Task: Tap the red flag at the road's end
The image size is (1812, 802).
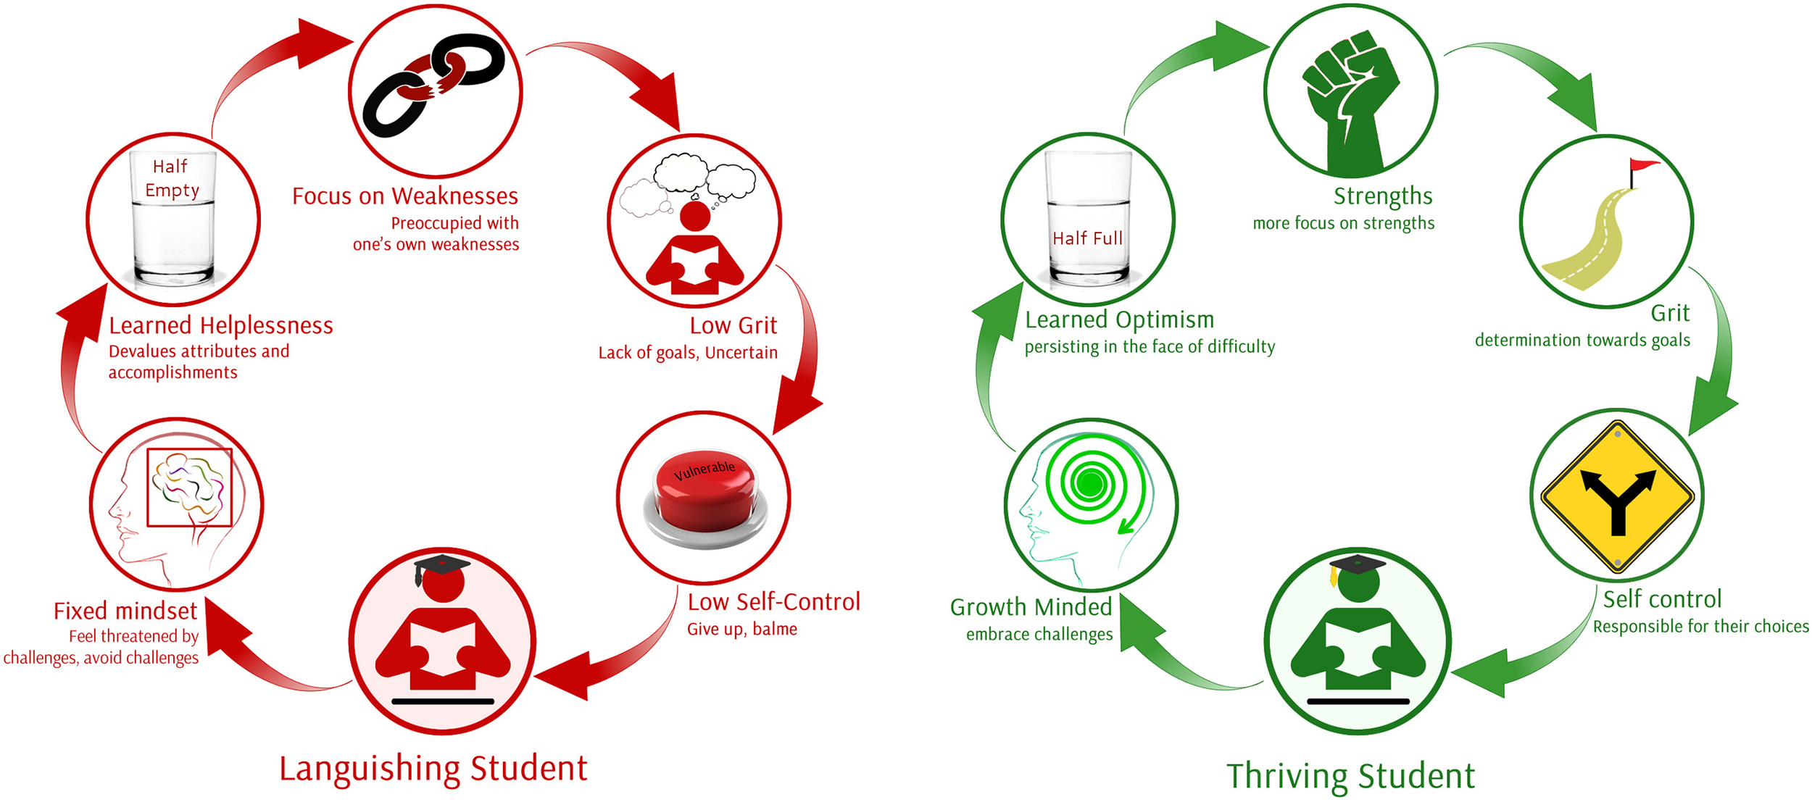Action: click(1644, 166)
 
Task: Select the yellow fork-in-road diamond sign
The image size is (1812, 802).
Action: click(1617, 497)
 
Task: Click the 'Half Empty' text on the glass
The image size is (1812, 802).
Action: click(172, 178)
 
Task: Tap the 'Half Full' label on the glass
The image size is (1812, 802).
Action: click(1087, 238)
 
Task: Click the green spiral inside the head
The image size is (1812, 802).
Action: click(1089, 483)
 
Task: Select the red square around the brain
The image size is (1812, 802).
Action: click(189, 487)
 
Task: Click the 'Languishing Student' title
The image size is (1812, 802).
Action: click(433, 769)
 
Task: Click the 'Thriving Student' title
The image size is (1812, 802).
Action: click(1350, 776)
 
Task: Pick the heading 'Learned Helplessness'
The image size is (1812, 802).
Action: click(221, 325)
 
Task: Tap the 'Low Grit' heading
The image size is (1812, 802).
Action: click(733, 326)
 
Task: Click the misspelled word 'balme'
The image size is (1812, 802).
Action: click(775, 629)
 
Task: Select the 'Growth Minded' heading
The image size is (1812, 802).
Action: click(1031, 607)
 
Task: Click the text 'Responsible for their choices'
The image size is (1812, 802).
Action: click(1700, 627)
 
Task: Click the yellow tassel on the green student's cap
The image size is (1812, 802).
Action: click(1334, 577)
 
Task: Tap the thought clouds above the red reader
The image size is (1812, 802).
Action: click(689, 181)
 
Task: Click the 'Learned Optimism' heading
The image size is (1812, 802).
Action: click(1119, 319)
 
